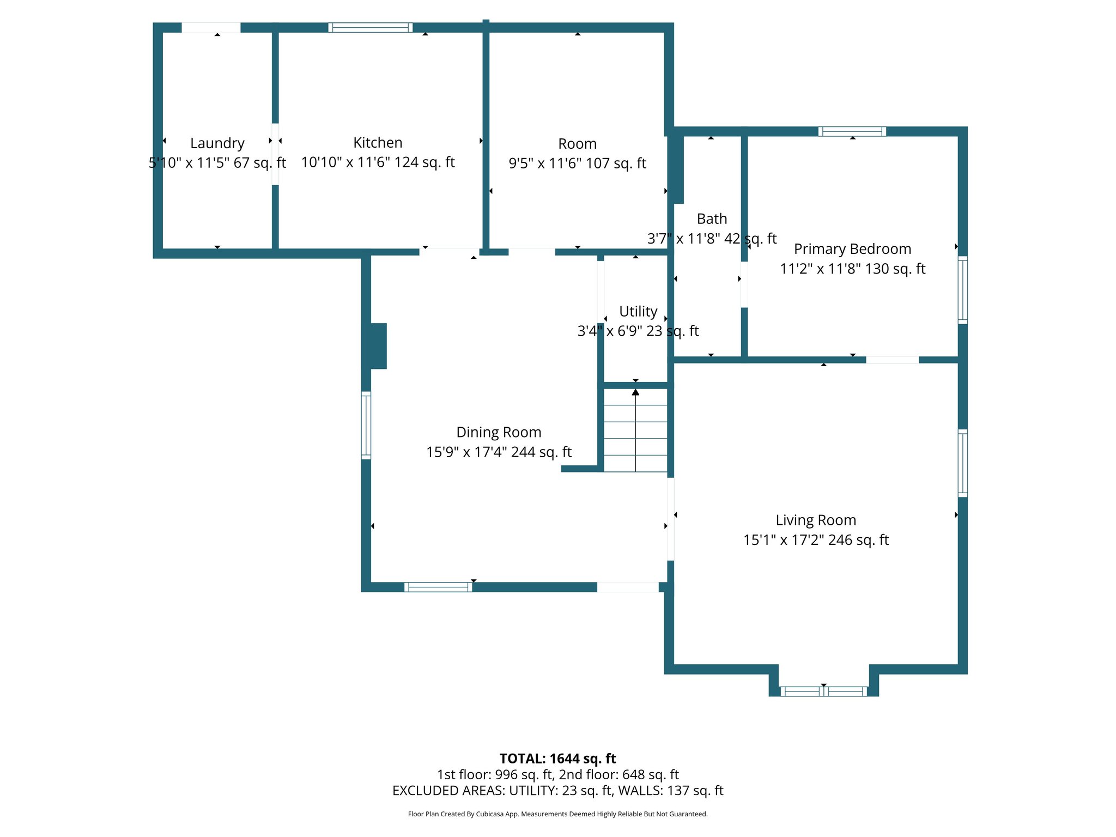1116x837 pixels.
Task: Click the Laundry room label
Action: [217, 143]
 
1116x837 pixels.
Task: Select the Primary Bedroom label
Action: [852, 249]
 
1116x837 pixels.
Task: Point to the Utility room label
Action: [638, 311]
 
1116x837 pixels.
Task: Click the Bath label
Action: [712, 219]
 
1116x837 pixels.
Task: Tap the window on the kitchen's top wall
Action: [370, 28]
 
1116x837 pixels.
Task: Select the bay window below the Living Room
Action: [823, 692]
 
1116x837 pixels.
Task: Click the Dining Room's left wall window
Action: [366, 426]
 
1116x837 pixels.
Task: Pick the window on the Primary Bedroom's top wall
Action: [852, 131]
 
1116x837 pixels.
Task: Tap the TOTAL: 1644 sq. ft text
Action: [557, 759]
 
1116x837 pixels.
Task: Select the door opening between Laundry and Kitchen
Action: [275, 154]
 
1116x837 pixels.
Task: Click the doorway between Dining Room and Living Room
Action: [670, 519]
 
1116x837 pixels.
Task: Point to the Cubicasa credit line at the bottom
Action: [557, 814]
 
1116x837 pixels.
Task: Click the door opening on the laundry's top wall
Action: [211, 28]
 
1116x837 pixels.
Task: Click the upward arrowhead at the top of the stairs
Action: [635, 392]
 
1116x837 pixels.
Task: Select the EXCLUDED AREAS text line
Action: [557, 791]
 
